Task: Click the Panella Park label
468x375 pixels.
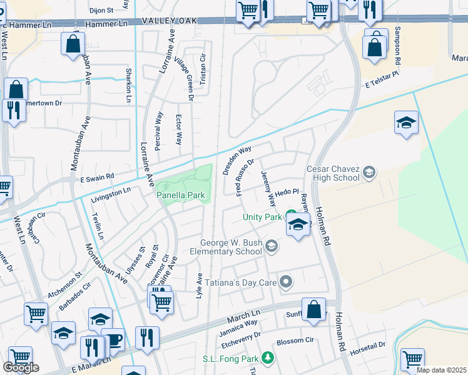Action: (180, 196)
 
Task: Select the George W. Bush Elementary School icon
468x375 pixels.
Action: (272, 247)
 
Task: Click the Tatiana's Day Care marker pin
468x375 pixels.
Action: (286, 282)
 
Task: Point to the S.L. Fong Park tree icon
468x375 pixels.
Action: (268, 358)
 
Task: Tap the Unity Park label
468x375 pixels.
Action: (263, 217)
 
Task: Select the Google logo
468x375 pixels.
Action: (21, 367)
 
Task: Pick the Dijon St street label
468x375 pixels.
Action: (101, 11)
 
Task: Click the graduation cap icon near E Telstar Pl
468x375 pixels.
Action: (406, 123)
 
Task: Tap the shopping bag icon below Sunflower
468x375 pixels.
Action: (313, 309)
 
